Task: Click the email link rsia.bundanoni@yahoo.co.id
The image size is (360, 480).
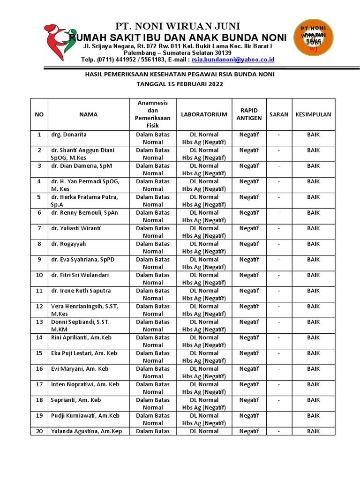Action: pyautogui.click(x=232, y=60)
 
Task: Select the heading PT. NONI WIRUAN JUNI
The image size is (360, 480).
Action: pyautogui.click(x=178, y=26)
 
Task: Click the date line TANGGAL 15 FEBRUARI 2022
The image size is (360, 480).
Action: pyautogui.click(x=180, y=84)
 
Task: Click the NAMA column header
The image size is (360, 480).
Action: pyautogui.click(x=88, y=114)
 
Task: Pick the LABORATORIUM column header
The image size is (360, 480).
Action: pyautogui.click(x=204, y=114)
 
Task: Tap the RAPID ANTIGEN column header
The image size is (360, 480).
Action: pyautogui.click(x=249, y=114)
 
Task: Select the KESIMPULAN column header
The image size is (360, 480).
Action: pyautogui.click(x=313, y=114)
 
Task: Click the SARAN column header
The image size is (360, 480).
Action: pyautogui.click(x=279, y=114)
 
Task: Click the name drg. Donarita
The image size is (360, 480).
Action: pyautogui.click(x=69, y=135)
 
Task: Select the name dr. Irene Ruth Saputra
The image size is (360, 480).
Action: pyautogui.click(x=81, y=291)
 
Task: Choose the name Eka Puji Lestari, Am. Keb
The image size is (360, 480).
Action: pyautogui.click(x=84, y=353)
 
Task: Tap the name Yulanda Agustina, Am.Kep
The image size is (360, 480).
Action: pyautogui.click(x=86, y=431)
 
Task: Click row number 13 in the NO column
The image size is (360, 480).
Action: pyautogui.click(x=39, y=322)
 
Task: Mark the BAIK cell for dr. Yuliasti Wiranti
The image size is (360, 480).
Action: pyautogui.click(x=313, y=228)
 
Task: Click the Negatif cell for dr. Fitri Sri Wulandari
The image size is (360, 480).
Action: pyautogui.click(x=249, y=275)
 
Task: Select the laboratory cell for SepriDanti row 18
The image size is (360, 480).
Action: pyautogui.click(x=204, y=404)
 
